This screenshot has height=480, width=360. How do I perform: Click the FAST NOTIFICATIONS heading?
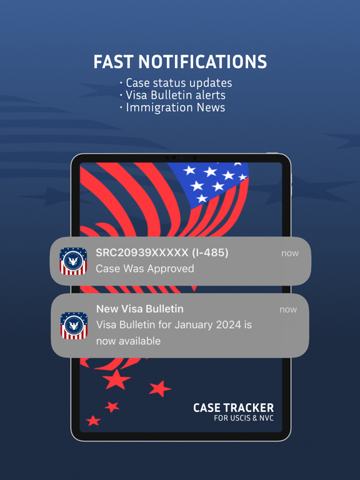[x=180, y=62]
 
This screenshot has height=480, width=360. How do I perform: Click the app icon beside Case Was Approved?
[x=73, y=261]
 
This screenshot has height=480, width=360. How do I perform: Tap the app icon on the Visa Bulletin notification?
[x=74, y=325]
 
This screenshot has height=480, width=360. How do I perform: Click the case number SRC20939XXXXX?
[x=141, y=252]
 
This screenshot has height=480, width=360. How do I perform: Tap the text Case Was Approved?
[x=145, y=269]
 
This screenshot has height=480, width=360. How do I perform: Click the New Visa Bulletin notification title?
[x=140, y=309]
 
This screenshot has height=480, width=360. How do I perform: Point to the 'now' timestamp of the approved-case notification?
[x=290, y=253]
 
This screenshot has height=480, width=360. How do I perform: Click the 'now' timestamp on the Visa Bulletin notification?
[x=288, y=309]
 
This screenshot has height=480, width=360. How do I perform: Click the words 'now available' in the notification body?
[x=128, y=341]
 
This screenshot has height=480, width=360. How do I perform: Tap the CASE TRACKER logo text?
[x=233, y=407]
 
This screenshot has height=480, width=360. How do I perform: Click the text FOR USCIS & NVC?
[x=244, y=418]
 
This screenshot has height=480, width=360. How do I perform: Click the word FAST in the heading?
[x=113, y=62]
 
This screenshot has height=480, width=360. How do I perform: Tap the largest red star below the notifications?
[x=117, y=379]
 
